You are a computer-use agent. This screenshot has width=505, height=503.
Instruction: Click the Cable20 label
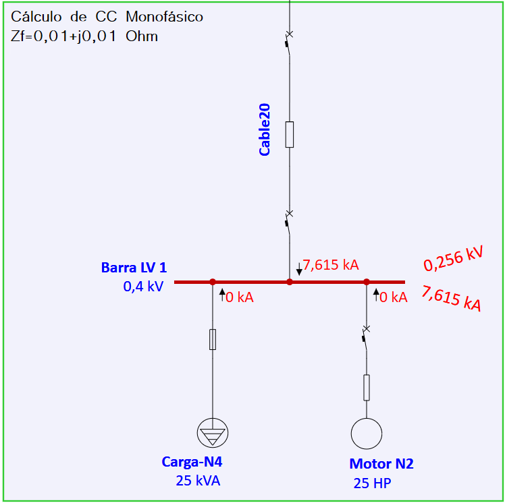coord(265,129)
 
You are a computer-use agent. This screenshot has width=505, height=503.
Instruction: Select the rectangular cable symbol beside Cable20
coord(290,134)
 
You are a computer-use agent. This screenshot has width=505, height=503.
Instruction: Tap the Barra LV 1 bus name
coord(134,268)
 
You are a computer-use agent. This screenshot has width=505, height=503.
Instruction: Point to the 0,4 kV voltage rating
coord(143,286)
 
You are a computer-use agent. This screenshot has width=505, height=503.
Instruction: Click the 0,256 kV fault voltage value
coord(454,258)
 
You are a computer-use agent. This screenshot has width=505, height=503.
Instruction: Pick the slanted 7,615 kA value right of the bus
coord(451,299)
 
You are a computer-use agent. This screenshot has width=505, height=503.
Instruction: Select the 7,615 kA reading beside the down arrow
coord(331,265)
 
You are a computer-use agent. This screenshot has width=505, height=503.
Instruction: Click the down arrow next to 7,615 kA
coord(299,269)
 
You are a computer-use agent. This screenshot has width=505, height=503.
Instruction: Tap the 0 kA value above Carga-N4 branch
coord(240,297)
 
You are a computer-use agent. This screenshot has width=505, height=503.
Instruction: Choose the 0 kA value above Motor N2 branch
coord(394,297)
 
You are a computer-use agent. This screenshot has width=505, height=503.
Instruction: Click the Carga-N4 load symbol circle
coord(213,433)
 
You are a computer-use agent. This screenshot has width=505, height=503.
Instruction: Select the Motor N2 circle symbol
coord(367,434)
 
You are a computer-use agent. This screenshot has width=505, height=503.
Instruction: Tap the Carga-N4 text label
coord(192,462)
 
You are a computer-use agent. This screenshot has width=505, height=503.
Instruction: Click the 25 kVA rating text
coord(198,481)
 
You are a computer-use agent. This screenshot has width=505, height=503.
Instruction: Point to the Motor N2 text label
coord(381,464)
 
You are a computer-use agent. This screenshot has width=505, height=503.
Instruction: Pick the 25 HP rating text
coord(372,483)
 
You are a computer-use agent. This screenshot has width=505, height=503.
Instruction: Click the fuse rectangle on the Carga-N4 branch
coord(213,339)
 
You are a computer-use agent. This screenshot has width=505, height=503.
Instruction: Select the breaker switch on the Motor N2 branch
coord(366,338)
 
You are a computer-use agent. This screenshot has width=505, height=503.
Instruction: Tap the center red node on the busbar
coord(290,282)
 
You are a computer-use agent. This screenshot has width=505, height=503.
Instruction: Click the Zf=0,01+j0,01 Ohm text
coord(84,36)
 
